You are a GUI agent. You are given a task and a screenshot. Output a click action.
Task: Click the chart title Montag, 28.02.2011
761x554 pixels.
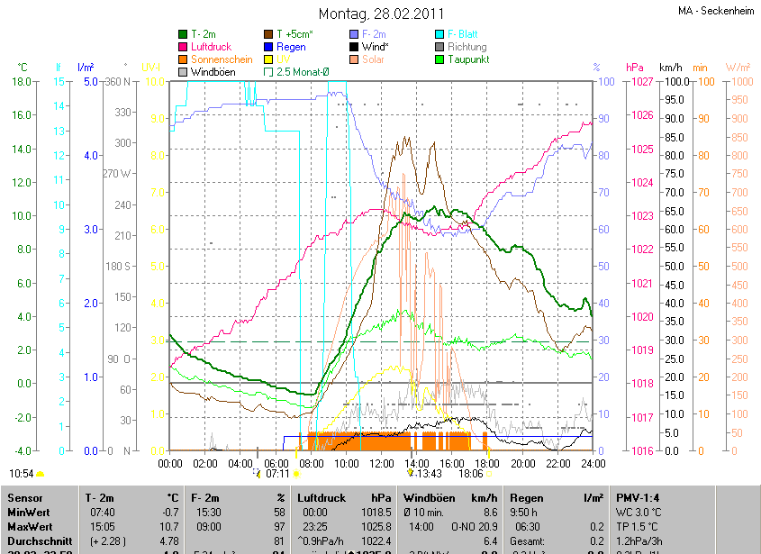(380, 14)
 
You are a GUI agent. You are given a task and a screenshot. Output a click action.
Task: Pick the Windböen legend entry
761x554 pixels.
(214, 71)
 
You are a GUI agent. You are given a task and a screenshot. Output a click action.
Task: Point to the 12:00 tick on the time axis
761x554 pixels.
(382, 463)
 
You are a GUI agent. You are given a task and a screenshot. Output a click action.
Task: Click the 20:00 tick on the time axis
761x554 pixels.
(523, 463)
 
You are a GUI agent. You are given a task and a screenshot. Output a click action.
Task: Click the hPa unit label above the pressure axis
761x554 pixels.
(634, 68)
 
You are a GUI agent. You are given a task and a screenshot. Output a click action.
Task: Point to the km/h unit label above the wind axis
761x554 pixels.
(671, 68)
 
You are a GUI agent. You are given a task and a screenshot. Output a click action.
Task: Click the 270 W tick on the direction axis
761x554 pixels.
(117, 174)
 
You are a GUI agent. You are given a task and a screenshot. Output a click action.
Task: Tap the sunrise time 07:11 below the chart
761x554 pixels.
(277, 473)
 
